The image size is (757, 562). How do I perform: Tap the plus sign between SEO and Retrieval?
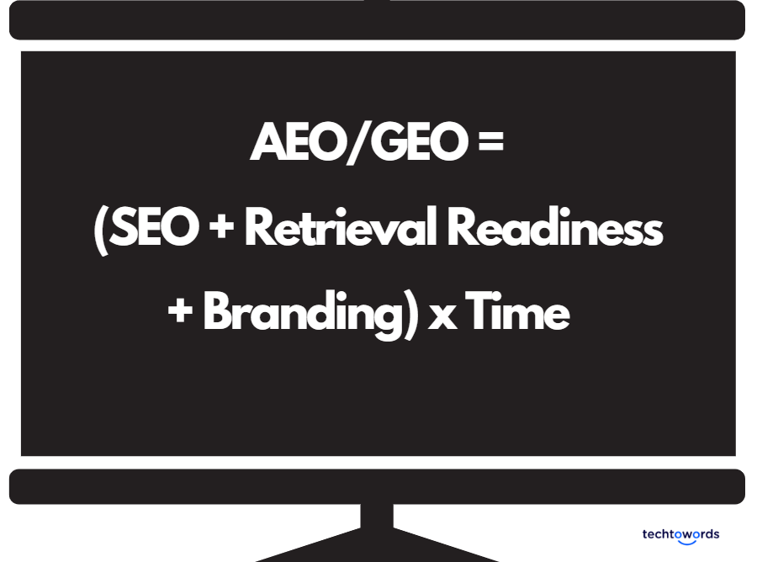pyautogui.click(x=224, y=229)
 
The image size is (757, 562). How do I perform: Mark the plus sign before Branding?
pyautogui.click(x=180, y=313)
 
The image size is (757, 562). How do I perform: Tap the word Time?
pyautogui.click(x=517, y=313)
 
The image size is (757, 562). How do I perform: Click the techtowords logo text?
pyautogui.click(x=680, y=533)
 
